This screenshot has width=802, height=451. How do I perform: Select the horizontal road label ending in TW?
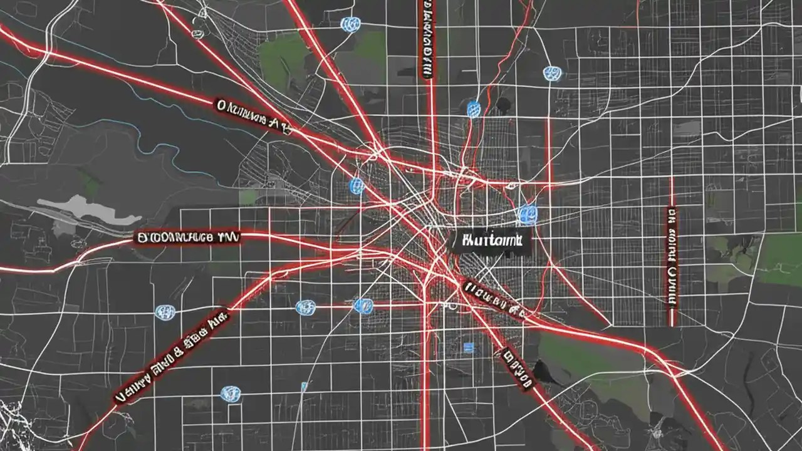(187, 237)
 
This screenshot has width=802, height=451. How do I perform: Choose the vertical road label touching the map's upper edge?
(426, 38)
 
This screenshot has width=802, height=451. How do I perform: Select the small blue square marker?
(467, 347)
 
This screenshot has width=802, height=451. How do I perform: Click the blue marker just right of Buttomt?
(528, 214)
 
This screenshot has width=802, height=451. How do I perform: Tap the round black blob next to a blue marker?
(502, 105)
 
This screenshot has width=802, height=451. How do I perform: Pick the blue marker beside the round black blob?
(474, 109)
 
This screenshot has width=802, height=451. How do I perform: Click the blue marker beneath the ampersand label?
(231, 393)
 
